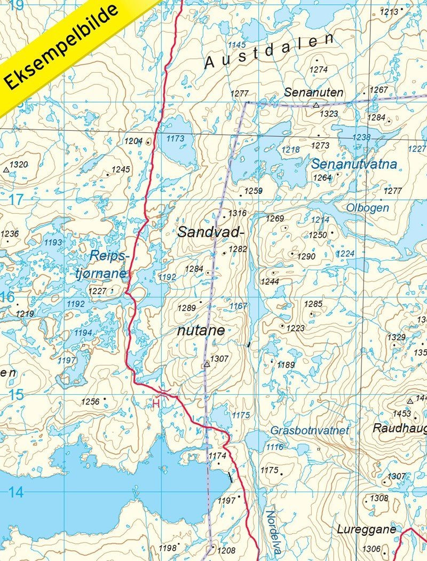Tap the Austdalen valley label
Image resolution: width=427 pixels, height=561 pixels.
tap(270, 51)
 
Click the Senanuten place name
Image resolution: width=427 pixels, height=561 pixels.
tap(313, 92)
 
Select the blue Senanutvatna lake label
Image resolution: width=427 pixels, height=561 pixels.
tap(354, 164)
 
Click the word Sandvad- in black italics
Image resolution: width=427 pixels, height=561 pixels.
tap(210, 232)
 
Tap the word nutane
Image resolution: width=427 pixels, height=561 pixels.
tap(201, 330)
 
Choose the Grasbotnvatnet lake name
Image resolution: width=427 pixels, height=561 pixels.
tap(310, 430)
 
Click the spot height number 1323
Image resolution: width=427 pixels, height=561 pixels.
tap(329, 114)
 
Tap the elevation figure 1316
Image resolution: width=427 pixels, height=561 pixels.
tap(237, 214)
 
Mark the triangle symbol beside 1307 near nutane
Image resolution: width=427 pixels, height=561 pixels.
tap(207, 364)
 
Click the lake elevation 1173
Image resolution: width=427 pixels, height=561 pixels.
tap(175, 139)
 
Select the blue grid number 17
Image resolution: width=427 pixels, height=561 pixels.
tap(17, 200)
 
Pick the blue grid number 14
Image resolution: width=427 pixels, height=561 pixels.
tap(15, 492)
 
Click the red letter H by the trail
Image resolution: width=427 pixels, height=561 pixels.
tap(156, 404)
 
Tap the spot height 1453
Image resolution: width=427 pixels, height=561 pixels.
tap(401, 414)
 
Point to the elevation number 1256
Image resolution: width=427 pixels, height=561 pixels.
tap(91, 401)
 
